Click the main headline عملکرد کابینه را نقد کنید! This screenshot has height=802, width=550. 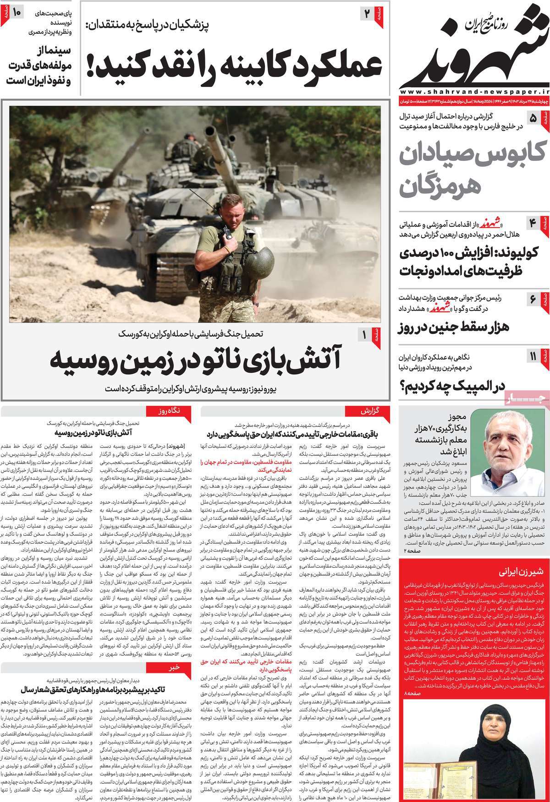(x=234, y=67)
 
